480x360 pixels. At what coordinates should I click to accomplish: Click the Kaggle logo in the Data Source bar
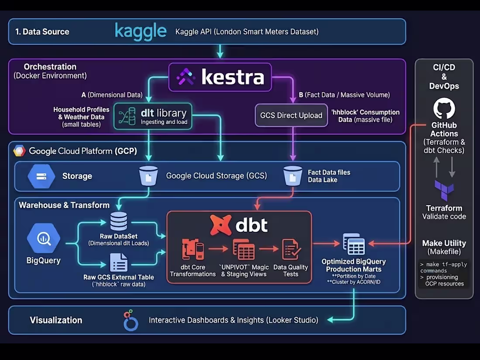[x=141, y=31]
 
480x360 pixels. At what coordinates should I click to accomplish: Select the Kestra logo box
[x=220, y=77]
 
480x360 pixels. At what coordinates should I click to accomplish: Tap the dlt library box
[x=153, y=117]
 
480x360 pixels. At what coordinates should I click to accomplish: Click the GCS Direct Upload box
[x=291, y=115]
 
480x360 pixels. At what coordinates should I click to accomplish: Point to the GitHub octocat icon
[x=444, y=109]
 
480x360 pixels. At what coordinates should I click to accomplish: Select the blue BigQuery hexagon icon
[x=43, y=238]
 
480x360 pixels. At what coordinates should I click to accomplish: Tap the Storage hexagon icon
[x=41, y=176]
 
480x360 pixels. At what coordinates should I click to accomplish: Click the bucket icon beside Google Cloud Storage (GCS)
[x=148, y=176]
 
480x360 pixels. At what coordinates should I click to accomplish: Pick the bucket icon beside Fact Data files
[x=292, y=175]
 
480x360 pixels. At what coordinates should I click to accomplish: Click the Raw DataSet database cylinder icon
[x=119, y=222]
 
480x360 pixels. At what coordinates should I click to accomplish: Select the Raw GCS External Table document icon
[x=119, y=263]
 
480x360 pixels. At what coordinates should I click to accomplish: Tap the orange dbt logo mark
[x=221, y=225]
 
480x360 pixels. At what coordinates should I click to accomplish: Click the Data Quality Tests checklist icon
[x=291, y=250]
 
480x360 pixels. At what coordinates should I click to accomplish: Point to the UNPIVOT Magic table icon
[x=243, y=250]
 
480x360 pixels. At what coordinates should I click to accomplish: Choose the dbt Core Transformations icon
[x=193, y=250]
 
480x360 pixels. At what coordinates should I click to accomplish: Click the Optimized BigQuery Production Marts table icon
[x=354, y=244]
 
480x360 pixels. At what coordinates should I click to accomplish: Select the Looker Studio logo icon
[x=130, y=321]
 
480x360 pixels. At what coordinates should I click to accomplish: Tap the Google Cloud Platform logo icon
[x=20, y=151]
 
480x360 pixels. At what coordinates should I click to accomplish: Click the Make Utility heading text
[x=444, y=243]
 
